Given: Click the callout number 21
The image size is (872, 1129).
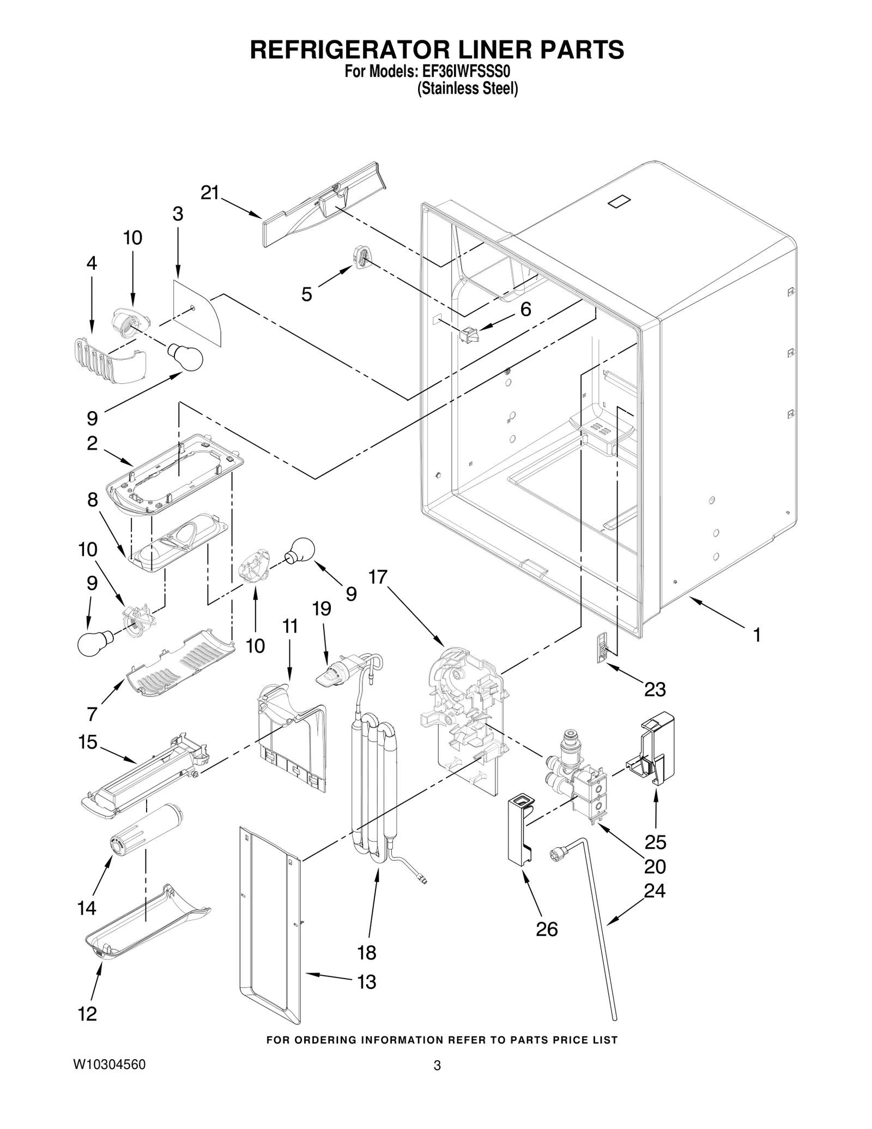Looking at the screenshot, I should pyautogui.click(x=209, y=192).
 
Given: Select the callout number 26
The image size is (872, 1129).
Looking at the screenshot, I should pyautogui.click(x=547, y=929).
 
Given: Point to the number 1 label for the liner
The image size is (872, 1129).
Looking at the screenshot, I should pyautogui.click(x=756, y=635).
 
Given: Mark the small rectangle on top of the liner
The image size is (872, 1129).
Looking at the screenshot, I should pyautogui.click(x=619, y=201).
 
